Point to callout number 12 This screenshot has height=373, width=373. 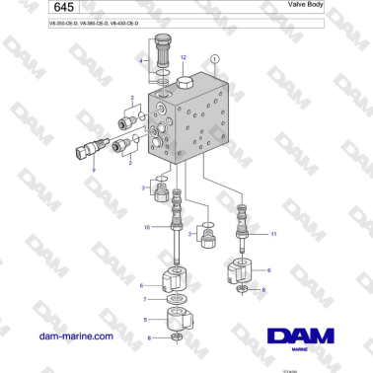(184, 58)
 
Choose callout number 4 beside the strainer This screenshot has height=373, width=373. (141, 62)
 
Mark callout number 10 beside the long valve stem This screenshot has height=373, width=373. (147, 228)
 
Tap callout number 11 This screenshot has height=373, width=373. (274, 232)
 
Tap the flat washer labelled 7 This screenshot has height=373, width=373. (174, 298)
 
